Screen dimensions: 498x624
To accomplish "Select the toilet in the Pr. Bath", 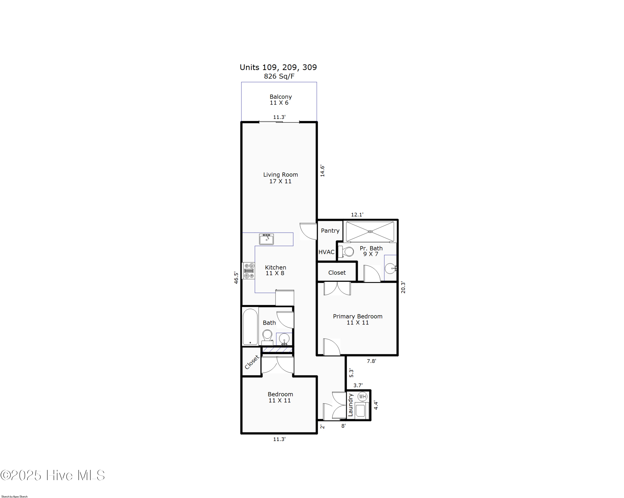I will click(x=347, y=252).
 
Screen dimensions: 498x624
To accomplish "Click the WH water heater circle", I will click(x=362, y=396).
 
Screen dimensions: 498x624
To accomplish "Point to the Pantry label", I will click(x=330, y=231).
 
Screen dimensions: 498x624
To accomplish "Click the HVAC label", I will click(x=327, y=252).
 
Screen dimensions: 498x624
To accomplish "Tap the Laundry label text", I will click(x=350, y=405).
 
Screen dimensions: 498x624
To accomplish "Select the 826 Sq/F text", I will click(x=279, y=76).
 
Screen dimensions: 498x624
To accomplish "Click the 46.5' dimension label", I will click(x=236, y=278).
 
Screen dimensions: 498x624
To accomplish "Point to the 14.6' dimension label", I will click(x=322, y=171).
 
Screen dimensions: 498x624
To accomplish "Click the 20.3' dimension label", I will click(x=403, y=287).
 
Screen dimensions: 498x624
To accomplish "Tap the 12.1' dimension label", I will click(x=357, y=215).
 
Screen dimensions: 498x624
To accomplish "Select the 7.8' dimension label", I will click(x=371, y=361).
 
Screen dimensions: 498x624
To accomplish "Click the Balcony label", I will click(x=280, y=97).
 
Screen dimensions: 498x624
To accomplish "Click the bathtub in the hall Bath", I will click(x=250, y=327).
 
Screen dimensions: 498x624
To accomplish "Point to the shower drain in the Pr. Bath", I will click(x=370, y=232).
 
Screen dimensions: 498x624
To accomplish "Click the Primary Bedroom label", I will click(x=357, y=317).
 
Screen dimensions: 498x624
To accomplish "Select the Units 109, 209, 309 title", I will click(x=278, y=67).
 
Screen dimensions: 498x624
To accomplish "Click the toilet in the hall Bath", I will click(x=267, y=337).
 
